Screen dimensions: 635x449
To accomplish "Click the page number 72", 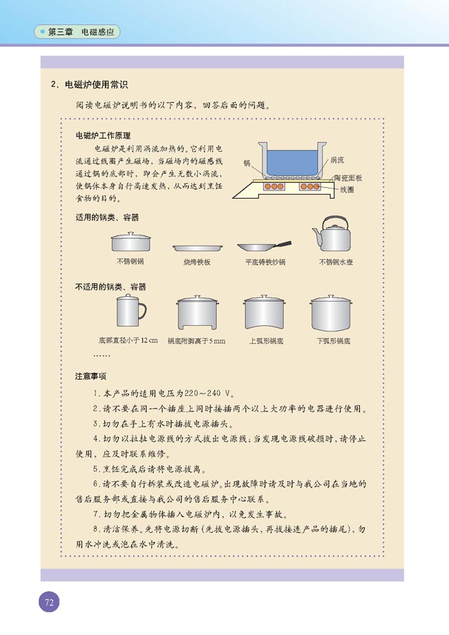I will [x=49, y=601].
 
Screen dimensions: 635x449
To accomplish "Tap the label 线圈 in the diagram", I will [x=346, y=189].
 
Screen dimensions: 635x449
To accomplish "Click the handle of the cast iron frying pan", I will [x=280, y=243].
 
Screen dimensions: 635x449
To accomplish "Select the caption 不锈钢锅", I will [x=130, y=262].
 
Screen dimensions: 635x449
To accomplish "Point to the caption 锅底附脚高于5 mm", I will [x=196, y=341].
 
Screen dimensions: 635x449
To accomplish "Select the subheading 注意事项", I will [x=90, y=376].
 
